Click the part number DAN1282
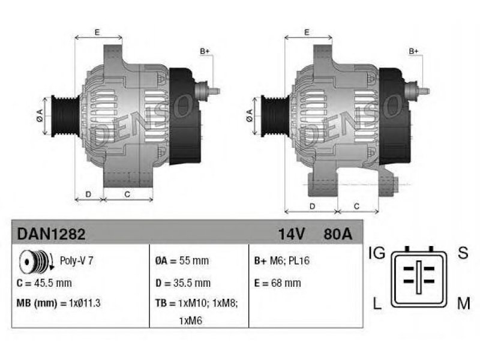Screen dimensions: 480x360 [51, 234]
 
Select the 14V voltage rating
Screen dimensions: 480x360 [291, 234]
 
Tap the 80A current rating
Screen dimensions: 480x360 [338, 234]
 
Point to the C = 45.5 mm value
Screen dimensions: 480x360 [44, 283]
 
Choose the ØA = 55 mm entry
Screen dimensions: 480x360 [182, 261]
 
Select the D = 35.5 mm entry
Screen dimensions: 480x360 [183, 283]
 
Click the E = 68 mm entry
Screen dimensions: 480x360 [277, 283]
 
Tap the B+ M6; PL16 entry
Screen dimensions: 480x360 [281, 261]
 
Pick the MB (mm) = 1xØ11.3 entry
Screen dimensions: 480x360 [58, 304]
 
